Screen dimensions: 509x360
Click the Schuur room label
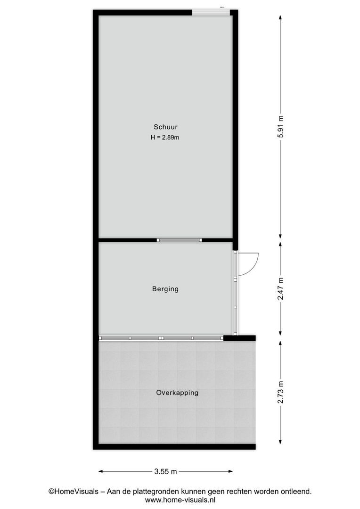(165, 127)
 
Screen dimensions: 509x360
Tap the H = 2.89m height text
(165, 138)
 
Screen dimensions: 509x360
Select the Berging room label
(165, 289)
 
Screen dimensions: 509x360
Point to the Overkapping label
(177, 393)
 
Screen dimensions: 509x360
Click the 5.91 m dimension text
(280, 127)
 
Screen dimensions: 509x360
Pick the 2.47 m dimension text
(280, 289)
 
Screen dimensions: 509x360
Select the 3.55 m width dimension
(165, 471)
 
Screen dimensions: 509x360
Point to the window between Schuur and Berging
(179, 240)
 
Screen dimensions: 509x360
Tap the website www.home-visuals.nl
(180, 500)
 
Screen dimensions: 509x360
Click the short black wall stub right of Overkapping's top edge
(239, 338)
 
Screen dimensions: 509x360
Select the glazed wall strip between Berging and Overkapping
(161, 338)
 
